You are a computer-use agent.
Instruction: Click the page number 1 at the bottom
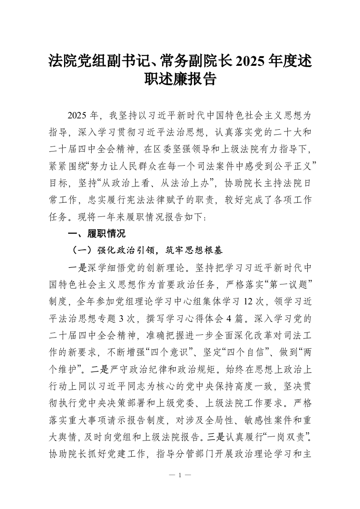click(x=180, y=475)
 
